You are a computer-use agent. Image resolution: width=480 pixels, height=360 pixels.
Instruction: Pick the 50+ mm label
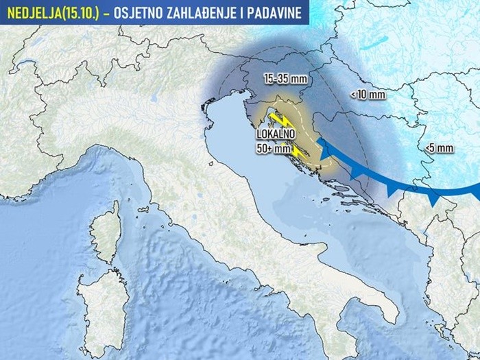[x=273, y=148]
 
